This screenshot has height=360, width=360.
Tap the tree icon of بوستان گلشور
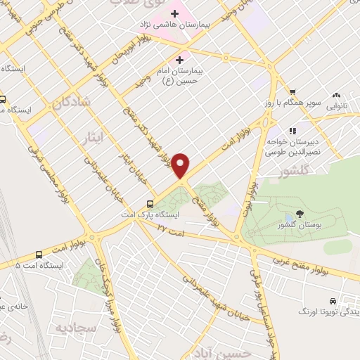click(x=300, y=214)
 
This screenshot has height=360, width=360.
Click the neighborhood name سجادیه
click(x=65, y=328)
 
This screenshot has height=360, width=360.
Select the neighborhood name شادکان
click(x=70, y=103)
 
